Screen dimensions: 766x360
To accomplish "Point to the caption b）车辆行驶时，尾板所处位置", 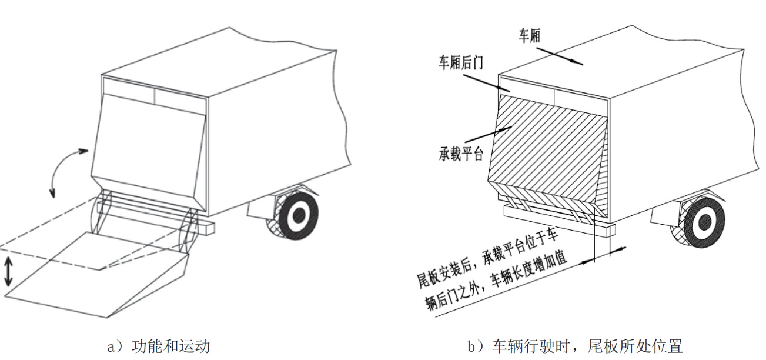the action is [x=575, y=346].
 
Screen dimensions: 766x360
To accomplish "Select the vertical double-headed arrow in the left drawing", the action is [x=8, y=271].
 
